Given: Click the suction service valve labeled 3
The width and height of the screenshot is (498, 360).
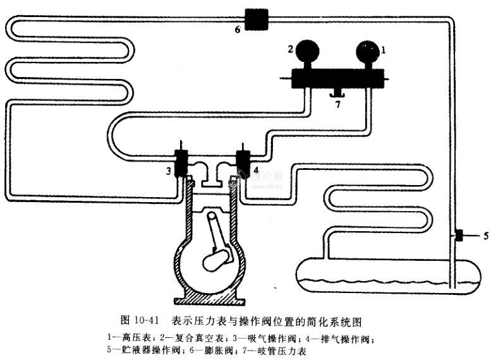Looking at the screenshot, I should [181, 162].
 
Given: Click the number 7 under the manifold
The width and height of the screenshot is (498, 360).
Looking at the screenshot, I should [337, 104].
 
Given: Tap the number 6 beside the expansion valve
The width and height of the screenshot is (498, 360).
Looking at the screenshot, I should [238, 29].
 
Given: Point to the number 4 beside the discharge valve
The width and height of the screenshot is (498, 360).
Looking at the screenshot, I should [256, 170].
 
